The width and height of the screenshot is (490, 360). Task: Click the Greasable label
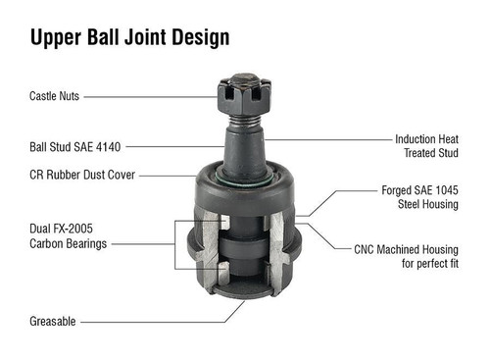point(53,320)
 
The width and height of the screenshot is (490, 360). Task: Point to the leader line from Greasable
point(157,320)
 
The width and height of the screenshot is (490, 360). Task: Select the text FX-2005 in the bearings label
point(84,230)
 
